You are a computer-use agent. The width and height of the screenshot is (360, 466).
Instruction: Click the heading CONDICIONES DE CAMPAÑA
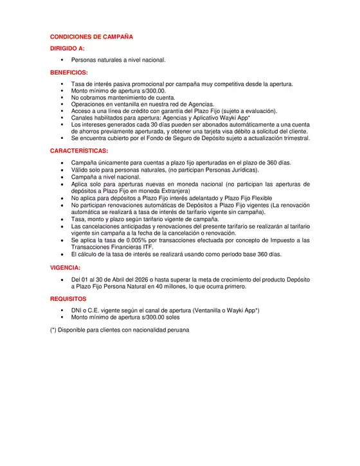[x=91, y=37]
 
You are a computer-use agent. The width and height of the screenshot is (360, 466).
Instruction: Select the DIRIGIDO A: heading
[x=67, y=49]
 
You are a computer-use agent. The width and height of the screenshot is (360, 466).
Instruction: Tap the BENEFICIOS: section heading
[x=69, y=73]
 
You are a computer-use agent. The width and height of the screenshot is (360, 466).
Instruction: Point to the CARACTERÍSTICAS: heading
[x=79, y=150]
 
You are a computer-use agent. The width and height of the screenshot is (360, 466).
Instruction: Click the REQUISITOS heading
[x=67, y=299]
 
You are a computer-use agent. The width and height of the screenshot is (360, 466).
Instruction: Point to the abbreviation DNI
[x=77, y=310]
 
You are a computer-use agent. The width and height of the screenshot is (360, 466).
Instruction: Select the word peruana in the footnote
[x=175, y=330]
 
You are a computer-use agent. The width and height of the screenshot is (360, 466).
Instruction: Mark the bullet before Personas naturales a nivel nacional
[x=62, y=60]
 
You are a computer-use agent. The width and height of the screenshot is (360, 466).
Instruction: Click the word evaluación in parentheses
[x=258, y=111]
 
